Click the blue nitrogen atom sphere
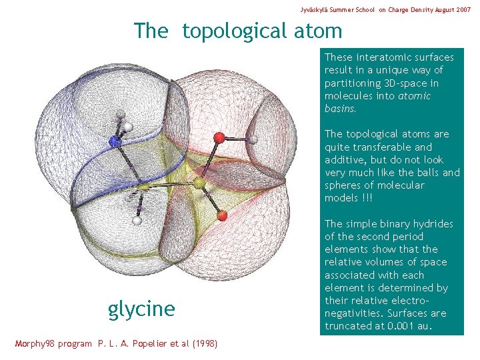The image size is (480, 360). [x=115, y=141]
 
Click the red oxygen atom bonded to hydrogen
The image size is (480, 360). [x=219, y=138]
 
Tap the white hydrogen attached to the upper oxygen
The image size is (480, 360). [x=253, y=139]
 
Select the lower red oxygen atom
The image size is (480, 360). [x=222, y=215]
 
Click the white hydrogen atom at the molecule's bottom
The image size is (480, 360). [x=137, y=220]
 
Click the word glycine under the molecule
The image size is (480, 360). [x=141, y=309]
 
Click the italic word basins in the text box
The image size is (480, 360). [x=339, y=109]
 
